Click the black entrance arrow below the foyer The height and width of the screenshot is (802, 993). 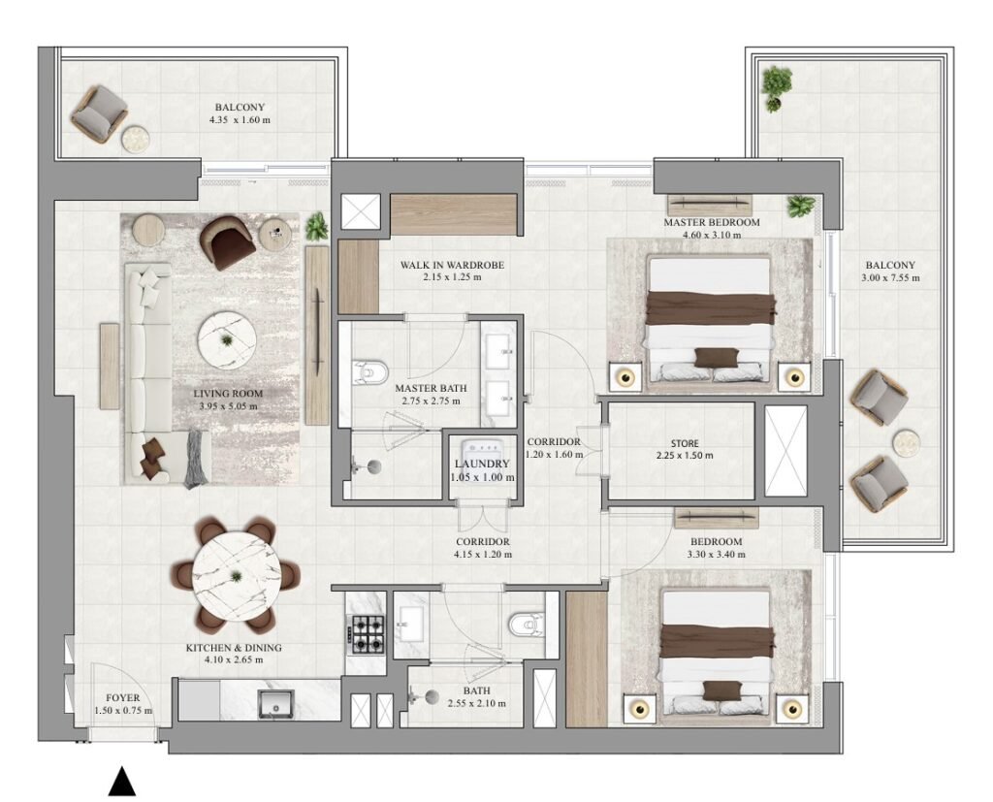pos(121,782)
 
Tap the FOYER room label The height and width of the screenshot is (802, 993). pos(124,697)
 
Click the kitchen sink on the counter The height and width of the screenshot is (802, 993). pos(279,703)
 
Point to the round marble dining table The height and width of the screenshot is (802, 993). pos(236,575)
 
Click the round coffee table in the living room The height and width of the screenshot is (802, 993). pos(228,339)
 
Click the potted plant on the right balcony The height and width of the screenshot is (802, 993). pos(776,87)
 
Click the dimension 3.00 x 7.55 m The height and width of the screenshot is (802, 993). pos(890,278)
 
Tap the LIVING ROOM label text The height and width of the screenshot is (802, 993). pos(228,394)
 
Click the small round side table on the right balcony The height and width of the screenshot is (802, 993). pos(907,442)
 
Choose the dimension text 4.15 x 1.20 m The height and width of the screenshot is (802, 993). pos(483,555)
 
